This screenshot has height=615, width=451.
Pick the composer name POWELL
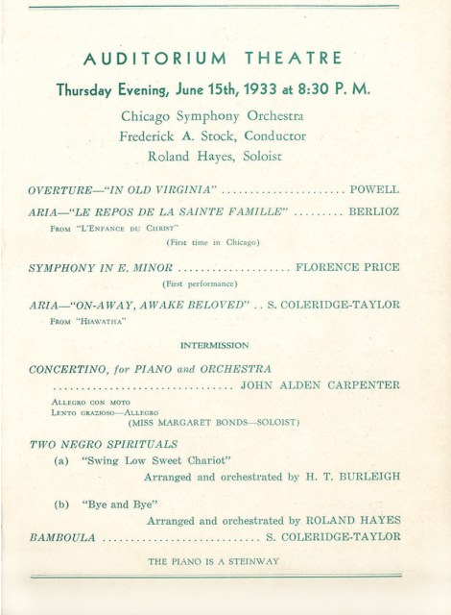[374, 190]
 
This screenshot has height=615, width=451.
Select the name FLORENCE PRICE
[347, 266]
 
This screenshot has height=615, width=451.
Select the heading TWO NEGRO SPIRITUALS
[104, 444]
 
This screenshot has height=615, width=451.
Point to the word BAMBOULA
[62, 536]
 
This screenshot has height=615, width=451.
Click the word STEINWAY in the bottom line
[249, 561]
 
